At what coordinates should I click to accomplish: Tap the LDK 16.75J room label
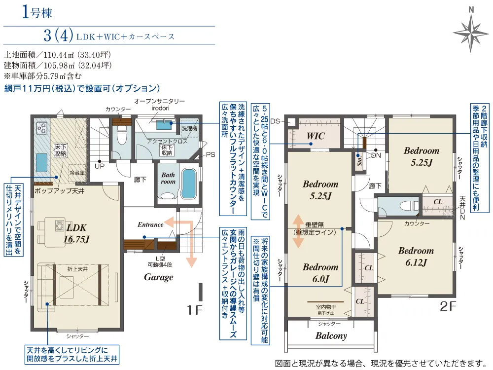[76, 233]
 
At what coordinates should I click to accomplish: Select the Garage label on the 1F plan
[158, 277]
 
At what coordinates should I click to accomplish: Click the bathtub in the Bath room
[189, 184]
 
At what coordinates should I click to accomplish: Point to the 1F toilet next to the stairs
[121, 136]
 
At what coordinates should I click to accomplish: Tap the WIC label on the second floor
[316, 136]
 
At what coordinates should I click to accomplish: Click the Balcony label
[331, 336]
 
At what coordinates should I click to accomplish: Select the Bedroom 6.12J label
[416, 257]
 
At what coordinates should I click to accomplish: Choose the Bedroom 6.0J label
[320, 273]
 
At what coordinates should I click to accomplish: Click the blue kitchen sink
[41, 162]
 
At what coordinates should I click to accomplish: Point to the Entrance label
[150, 224]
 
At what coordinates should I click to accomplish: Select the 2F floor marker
[448, 306]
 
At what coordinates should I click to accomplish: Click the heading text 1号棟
[37, 12]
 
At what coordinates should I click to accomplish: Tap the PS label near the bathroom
[211, 154]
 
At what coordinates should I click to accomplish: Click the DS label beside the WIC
[275, 121]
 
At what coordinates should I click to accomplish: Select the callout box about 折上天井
[72, 355]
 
